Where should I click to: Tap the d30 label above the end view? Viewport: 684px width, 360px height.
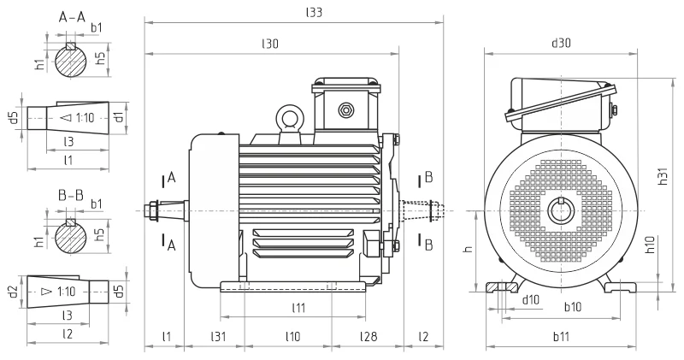[x=561, y=43]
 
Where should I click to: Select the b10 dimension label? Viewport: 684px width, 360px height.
[x=572, y=306]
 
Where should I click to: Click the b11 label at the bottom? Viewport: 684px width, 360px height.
[x=562, y=338]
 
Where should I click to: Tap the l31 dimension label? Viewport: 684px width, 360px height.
[x=220, y=338]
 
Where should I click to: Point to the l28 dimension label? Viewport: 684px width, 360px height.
[x=368, y=338]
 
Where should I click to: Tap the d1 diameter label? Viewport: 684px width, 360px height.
[x=120, y=115]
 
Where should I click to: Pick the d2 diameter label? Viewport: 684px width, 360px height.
[x=12, y=292]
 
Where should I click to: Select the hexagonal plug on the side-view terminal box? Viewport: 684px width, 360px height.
[x=346, y=109]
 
